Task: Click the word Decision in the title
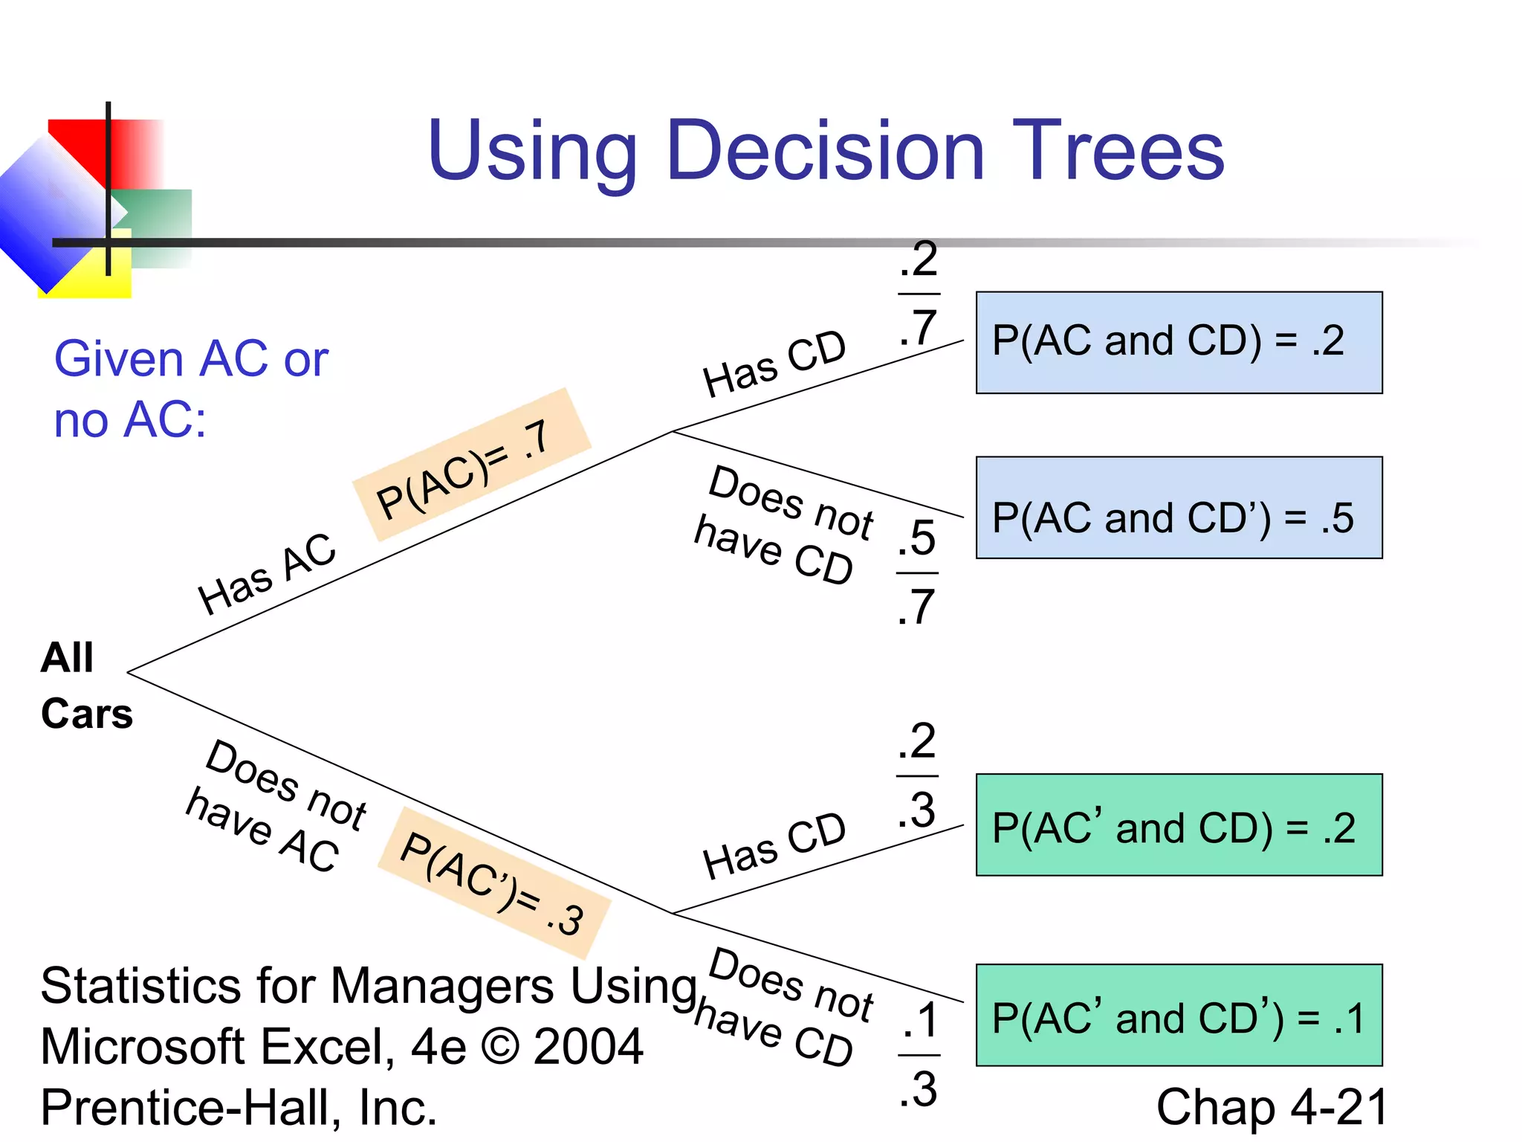tap(825, 151)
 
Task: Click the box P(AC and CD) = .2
tap(1179, 343)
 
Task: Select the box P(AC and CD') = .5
tap(1179, 508)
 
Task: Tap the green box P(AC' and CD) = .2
tap(1179, 825)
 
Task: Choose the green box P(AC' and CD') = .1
tap(1179, 1016)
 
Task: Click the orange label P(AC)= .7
tap(471, 465)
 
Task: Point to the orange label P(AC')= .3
tap(493, 883)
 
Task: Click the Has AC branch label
tap(267, 574)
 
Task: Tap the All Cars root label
tap(85, 685)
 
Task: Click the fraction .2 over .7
tap(919, 294)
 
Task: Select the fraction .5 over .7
tap(916, 572)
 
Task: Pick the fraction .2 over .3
tap(916, 775)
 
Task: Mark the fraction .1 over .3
tap(919, 1054)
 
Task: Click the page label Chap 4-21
tap(1271, 1107)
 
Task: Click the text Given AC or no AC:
tap(190, 389)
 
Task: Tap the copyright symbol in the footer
tap(500, 1047)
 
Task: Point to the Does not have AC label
tap(276, 807)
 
